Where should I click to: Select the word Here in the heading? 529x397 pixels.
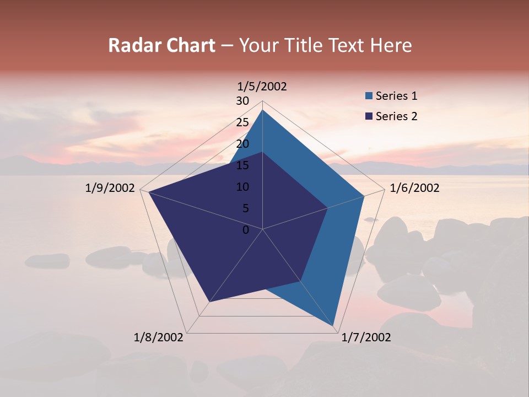coord(391,45)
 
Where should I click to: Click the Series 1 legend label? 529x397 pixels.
coord(396,96)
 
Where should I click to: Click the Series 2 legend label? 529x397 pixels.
coord(396,116)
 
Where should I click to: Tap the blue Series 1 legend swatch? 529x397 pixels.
coord(369,96)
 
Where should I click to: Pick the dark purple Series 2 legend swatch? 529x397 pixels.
coord(369,116)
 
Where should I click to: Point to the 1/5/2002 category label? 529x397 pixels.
coord(262,87)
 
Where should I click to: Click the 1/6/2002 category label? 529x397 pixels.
coord(414,189)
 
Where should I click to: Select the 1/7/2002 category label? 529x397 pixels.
coord(366,337)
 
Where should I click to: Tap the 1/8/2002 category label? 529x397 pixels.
coord(159,337)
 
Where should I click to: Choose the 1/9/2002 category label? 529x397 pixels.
coord(110,189)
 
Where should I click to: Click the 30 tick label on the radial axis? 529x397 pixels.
coord(242,101)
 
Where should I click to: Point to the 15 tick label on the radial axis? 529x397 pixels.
coord(242,165)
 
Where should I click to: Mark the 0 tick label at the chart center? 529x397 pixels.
coord(246,230)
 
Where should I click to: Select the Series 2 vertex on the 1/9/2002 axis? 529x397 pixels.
coord(149,192)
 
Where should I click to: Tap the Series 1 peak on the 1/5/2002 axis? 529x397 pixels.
coord(262,110)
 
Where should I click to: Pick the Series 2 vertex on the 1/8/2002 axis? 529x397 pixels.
coord(209,302)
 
